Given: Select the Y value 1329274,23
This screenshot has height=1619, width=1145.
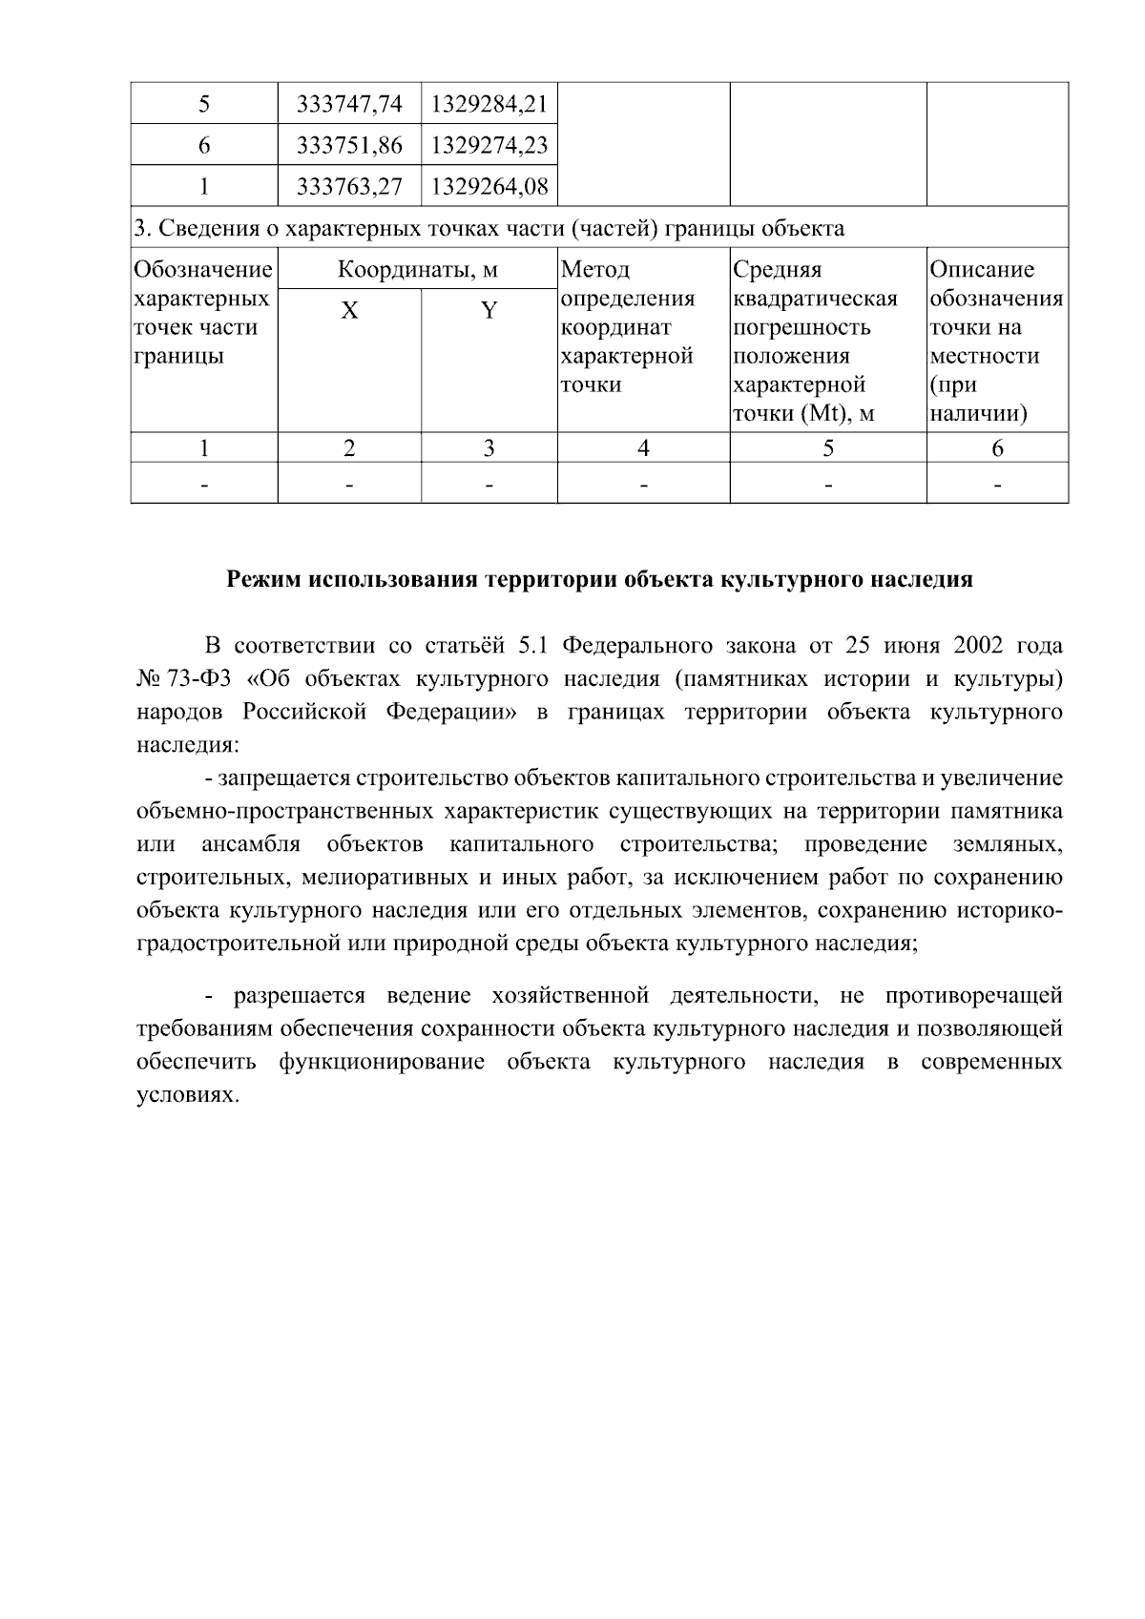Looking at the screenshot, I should click(x=489, y=145).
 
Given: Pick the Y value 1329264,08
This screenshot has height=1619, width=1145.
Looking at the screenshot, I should click(x=489, y=186).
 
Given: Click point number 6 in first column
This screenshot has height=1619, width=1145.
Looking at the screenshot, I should click(x=204, y=145).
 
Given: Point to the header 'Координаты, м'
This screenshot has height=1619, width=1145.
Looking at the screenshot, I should click(x=417, y=270).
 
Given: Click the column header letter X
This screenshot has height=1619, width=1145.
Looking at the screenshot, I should click(x=350, y=311).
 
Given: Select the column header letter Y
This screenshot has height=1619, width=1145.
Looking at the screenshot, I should click(x=489, y=311).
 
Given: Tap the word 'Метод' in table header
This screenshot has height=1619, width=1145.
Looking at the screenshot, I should click(x=595, y=270).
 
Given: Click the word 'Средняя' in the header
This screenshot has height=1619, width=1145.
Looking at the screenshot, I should click(x=777, y=270).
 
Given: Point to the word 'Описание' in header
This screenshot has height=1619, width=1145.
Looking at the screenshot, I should click(x=982, y=270).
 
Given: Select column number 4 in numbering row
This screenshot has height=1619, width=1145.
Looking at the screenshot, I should click(x=643, y=448).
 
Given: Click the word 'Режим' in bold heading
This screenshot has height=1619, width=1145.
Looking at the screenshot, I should click(x=263, y=579).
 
